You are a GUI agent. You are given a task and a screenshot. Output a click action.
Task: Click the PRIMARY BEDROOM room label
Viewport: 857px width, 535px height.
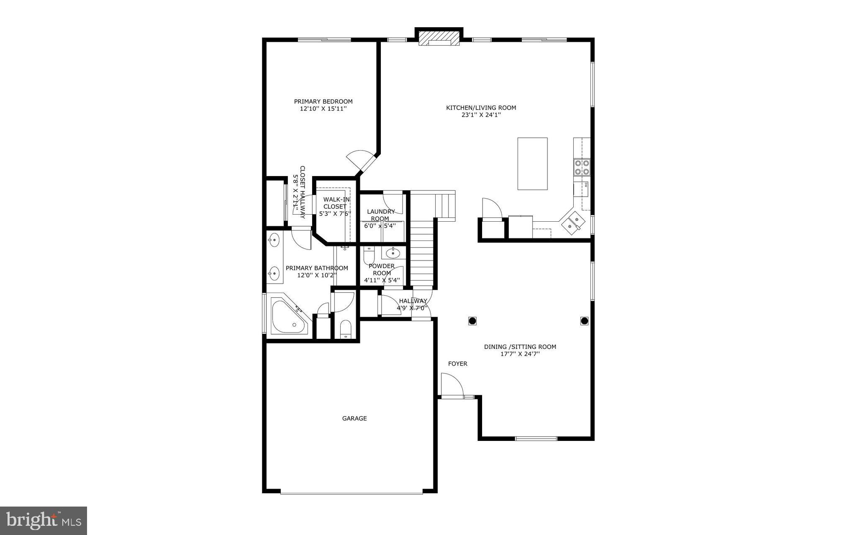pos(323,101)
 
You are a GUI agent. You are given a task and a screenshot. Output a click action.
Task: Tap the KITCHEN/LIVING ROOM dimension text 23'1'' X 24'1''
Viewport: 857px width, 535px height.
pos(481,115)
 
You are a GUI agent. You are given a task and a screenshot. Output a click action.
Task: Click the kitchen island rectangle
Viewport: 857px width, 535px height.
pos(532,164)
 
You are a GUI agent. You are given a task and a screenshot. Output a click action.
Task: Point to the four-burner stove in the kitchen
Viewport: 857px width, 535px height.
pos(582,167)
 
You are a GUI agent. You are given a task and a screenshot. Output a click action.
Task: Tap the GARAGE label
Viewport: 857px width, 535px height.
pos(354,418)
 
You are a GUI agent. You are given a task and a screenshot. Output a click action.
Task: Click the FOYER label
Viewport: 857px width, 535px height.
pos(457,364)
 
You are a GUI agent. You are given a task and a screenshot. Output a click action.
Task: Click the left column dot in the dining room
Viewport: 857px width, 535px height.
pos(472,321)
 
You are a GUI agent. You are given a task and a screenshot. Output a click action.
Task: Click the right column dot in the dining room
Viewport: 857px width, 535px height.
pos(584,321)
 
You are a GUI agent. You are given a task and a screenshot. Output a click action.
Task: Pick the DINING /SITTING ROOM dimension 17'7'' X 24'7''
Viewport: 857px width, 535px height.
pos(520,354)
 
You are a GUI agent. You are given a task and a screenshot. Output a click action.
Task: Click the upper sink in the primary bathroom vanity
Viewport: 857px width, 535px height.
pos(274,240)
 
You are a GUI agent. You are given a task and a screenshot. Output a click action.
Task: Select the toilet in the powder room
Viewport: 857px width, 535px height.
pos(369,255)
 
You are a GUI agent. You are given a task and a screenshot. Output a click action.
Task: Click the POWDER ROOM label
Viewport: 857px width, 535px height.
pos(382,269)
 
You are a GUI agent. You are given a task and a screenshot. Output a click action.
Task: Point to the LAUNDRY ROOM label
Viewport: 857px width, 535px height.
pos(381,215)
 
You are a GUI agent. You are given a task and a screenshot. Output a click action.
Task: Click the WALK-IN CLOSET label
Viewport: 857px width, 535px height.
pos(335,203)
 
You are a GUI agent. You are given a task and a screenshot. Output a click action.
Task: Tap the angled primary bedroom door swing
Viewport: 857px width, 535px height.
pos(359,161)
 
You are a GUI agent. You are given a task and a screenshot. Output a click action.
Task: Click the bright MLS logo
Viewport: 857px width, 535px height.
pos(44,520)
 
